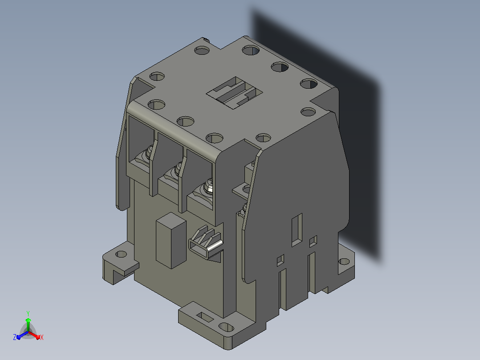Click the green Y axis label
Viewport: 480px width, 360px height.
[28, 313]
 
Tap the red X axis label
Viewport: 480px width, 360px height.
[42, 337]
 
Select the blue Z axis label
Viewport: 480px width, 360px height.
[15, 337]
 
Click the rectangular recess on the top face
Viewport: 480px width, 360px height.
[235, 93]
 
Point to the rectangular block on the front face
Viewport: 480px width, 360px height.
[171, 241]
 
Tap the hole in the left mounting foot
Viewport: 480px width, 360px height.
[121, 254]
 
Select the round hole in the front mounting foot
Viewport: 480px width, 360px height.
[226, 327]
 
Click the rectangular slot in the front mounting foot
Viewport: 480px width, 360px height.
[205, 317]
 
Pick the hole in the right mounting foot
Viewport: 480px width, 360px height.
[345, 262]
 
